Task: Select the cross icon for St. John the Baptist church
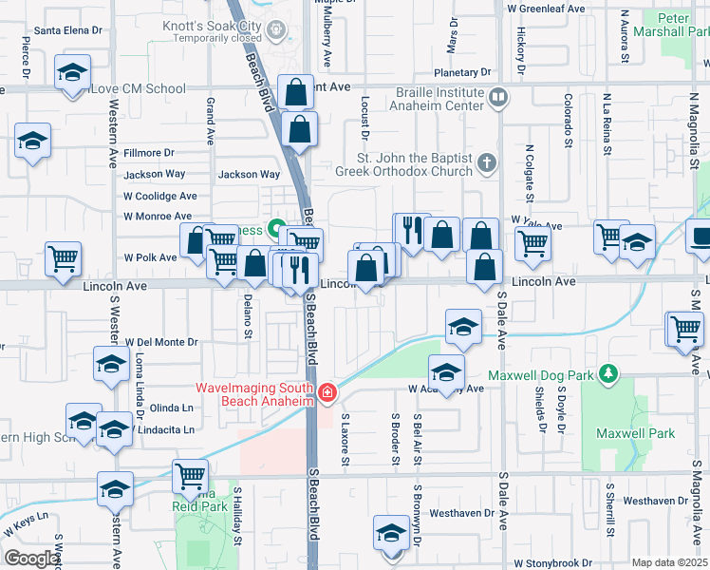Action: [x=487, y=161]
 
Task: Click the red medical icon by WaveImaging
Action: [x=327, y=391]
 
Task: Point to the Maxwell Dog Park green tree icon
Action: [x=607, y=375]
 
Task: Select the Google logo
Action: [x=31, y=558]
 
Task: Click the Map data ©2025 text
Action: [x=668, y=562]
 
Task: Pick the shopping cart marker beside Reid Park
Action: [x=190, y=474]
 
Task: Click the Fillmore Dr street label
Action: [x=148, y=152]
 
